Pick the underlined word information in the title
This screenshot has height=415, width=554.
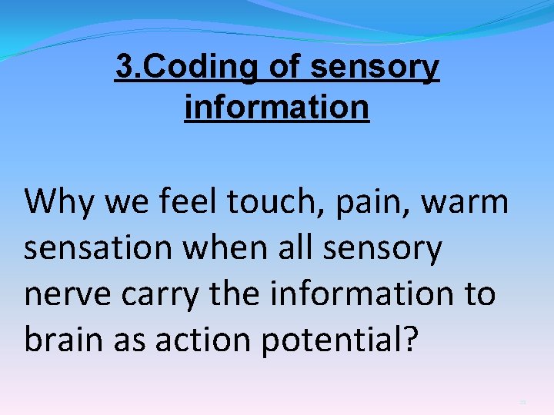[x=277, y=107]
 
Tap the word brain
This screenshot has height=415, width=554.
[x=64, y=340]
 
